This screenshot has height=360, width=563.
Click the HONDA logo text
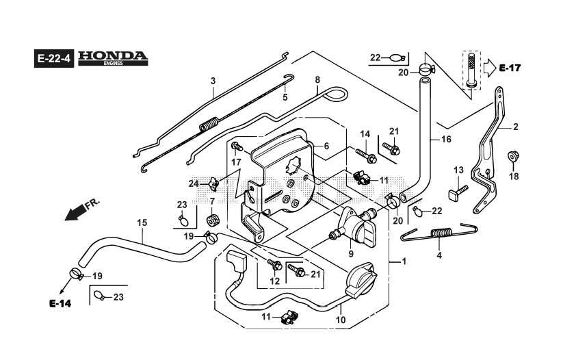(113, 55)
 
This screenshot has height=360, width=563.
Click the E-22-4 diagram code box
(54, 58)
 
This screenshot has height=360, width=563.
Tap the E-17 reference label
(510, 68)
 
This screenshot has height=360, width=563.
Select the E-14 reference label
(60, 304)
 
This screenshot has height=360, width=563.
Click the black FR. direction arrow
(74, 213)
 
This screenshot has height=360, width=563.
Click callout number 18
(514, 177)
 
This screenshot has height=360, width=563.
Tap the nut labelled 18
(514, 156)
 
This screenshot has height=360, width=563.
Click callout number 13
(458, 170)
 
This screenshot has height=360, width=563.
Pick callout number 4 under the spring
(439, 255)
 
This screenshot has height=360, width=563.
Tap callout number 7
(212, 201)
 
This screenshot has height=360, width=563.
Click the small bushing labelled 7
(212, 220)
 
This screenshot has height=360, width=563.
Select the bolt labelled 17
(237, 146)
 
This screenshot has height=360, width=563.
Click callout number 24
(194, 184)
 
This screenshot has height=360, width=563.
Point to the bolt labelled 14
(366, 155)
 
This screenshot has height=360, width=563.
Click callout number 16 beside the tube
(446, 139)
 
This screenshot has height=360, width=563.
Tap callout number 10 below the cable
(341, 320)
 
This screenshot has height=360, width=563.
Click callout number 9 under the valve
(351, 254)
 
